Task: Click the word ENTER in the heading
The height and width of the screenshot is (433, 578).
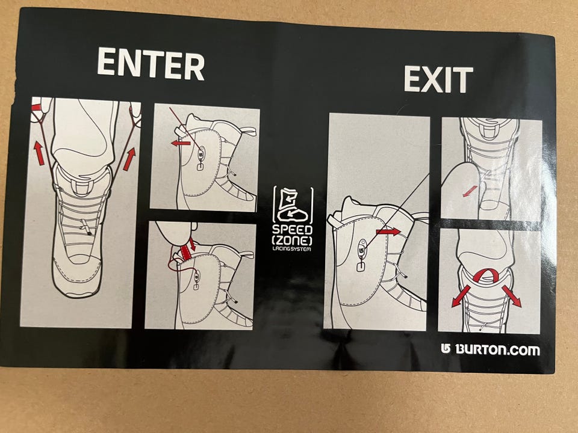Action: click(x=151, y=64)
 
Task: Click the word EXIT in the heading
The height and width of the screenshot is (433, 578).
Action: click(x=438, y=79)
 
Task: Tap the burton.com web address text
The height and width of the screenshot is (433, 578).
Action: click(x=497, y=349)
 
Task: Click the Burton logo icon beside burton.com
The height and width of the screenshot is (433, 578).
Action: click(x=446, y=349)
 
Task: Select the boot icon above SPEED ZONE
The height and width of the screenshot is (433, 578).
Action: click(x=293, y=205)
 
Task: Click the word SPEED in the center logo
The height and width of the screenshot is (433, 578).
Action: click(x=293, y=230)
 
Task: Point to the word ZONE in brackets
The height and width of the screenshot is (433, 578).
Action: click(x=292, y=241)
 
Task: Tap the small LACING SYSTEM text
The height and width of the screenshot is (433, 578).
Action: click(x=291, y=249)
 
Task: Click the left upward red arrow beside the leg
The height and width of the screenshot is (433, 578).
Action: click(x=39, y=153)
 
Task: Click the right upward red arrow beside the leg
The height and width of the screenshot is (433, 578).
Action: click(x=129, y=159)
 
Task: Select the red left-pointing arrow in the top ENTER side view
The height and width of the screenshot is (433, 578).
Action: click(x=181, y=143)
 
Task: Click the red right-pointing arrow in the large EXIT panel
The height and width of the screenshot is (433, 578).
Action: click(x=388, y=232)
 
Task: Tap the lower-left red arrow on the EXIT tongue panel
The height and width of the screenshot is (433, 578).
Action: click(x=461, y=296)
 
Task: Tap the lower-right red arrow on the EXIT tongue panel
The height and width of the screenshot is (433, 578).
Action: click(x=512, y=296)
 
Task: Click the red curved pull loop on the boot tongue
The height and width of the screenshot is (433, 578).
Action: click(x=487, y=275)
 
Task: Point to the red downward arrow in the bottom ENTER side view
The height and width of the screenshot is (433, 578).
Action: click(x=191, y=244)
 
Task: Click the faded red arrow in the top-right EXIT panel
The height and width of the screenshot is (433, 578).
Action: click(x=470, y=191)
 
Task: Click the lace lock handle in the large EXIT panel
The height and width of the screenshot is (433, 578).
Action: click(x=362, y=265)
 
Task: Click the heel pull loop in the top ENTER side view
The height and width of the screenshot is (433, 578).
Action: click(x=249, y=131)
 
